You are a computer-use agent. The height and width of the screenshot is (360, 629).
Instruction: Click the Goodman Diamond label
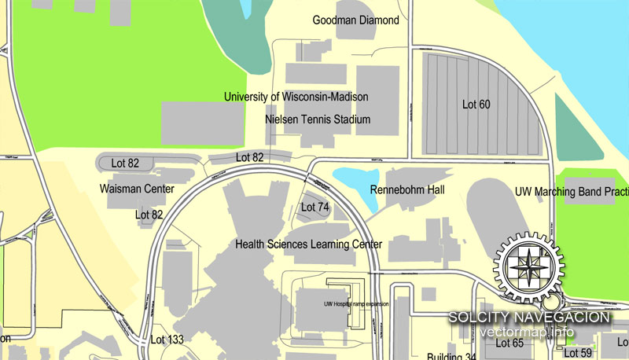[355, 20]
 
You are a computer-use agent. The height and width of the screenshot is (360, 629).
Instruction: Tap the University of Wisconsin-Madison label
[296, 97]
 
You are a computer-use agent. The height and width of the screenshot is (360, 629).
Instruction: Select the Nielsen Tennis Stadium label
[318, 120]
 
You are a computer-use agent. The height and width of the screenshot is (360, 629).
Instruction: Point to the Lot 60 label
[476, 104]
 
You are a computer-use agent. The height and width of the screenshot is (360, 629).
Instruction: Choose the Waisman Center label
[137, 189]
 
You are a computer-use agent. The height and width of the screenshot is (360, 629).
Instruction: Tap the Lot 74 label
[315, 208]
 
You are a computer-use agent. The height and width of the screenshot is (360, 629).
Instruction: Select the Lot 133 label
[166, 340]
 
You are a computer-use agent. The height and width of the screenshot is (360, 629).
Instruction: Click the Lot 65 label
[509, 343]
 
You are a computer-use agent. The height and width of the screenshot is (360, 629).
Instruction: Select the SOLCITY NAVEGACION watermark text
[529, 318]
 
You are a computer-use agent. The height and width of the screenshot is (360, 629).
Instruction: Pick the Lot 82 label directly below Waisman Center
[149, 214]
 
